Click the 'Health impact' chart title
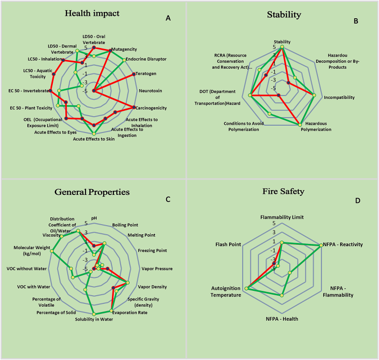[92, 13]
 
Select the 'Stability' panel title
[284, 14]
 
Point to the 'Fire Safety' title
[283, 191]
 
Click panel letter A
[168, 18]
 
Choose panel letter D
[357, 200]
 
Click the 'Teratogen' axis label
[147, 74]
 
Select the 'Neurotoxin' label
[150, 91]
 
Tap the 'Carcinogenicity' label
[151, 108]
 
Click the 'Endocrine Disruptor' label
[146, 59]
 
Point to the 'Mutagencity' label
[124, 49]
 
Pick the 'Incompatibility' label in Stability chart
[339, 97]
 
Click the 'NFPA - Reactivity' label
[343, 244]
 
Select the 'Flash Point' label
[228, 244]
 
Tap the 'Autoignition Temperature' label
[226, 291]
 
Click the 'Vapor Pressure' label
[157, 268]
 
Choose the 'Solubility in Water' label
[94, 319]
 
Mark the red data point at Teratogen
[134, 74]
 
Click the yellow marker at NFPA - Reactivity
[320, 245]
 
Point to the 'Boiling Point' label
[125, 225]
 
